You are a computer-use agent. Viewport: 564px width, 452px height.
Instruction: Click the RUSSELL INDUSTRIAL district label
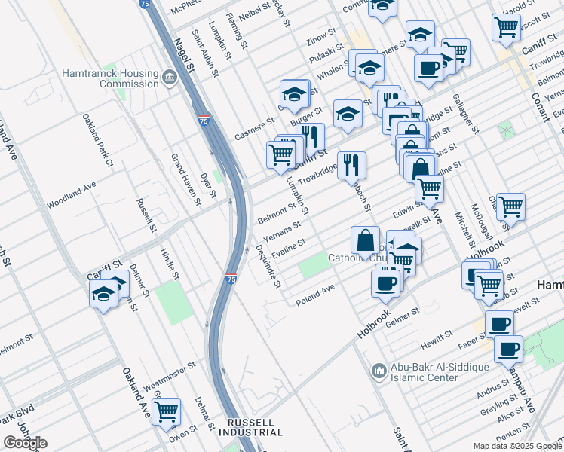[x=250, y=427]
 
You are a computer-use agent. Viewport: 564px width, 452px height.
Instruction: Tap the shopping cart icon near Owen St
[x=166, y=411]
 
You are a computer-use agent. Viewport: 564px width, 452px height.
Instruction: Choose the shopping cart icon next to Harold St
[x=506, y=26]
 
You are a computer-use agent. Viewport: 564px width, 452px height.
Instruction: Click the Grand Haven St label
[x=185, y=180]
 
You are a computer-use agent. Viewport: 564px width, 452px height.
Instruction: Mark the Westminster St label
[x=170, y=371]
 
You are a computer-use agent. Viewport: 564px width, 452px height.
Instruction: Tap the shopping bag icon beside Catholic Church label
[x=365, y=240]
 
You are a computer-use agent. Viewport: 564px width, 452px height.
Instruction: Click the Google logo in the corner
[x=25, y=443]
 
